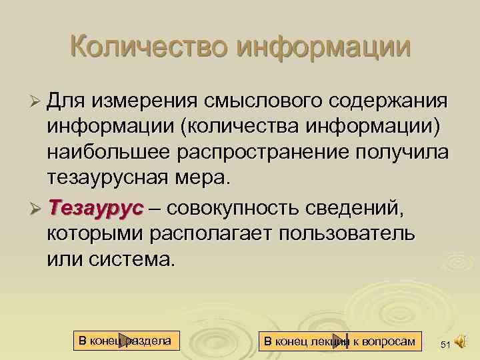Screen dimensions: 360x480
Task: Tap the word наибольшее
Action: [107, 152]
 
